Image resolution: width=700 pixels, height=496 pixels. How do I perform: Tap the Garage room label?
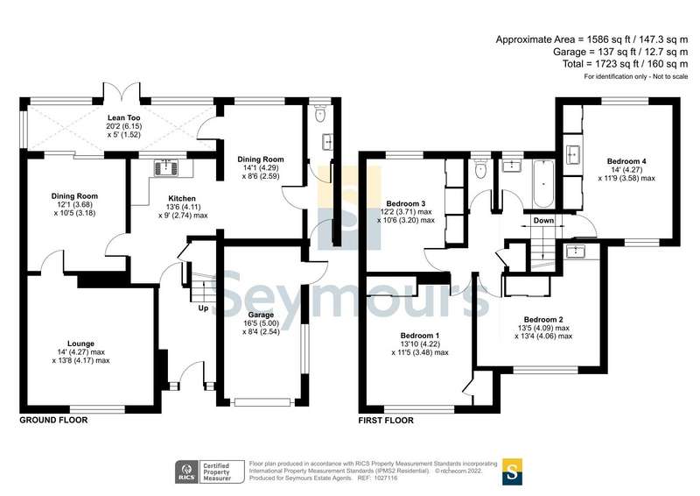coord(261,315)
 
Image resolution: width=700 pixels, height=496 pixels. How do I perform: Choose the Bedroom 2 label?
coord(542,319)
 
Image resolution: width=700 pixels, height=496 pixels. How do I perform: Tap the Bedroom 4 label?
coord(627,161)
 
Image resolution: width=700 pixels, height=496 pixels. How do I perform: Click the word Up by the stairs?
coord(203,308)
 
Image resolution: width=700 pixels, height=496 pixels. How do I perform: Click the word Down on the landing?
coord(543,221)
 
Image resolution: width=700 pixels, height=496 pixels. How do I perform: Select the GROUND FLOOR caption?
coord(53,421)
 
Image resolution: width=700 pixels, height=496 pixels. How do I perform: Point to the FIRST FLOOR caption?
coord(386,421)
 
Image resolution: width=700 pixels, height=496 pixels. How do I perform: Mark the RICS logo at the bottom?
coord(185,471)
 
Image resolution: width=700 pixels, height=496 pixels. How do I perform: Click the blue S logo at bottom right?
coord(512,471)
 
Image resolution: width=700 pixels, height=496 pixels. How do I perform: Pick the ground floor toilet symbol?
coord(319,114)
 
